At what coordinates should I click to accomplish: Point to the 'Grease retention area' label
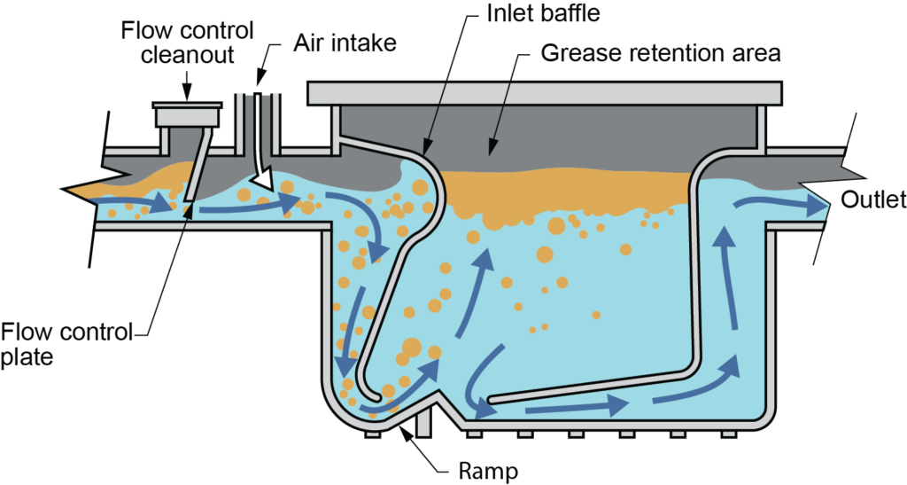click(x=661, y=53)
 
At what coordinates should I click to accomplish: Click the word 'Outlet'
click(x=872, y=200)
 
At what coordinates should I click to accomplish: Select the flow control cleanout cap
click(x=186, y=115)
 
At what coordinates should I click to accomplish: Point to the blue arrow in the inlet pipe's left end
click(x=142, y=204)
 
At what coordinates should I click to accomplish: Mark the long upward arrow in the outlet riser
click(x=728, y=275)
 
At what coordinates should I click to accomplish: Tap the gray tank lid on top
click(x=544, y=91)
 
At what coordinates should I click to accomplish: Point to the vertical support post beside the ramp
click(x=423, y=422)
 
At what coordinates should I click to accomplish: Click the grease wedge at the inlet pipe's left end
click(x=89, y=187)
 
